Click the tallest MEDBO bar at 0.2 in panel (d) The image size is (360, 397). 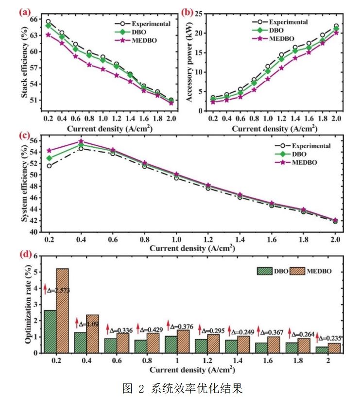[x=62, y=311]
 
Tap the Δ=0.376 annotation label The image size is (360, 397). [x=182, y=327]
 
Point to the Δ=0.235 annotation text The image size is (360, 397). [x=330, y=338]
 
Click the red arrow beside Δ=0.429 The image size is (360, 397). [x=138, y=328]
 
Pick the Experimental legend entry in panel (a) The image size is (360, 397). [x=142, y=24]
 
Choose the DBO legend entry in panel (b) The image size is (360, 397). [x=268, y=31]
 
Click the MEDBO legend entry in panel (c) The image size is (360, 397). [x=296, y=162]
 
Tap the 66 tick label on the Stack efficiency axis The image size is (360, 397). [x=34, y=19]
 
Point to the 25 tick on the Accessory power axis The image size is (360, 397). [x=199, y=14]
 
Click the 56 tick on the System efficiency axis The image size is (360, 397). [x=34, y=140]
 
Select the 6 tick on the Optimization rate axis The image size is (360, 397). [x=35, y=256]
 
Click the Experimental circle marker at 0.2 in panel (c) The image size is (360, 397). [x=49, y=166]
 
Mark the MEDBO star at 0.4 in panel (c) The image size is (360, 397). [x=81, y=141]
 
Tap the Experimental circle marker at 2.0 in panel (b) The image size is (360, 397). [x=336, y=26]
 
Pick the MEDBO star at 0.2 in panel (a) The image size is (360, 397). [x=48, y=35]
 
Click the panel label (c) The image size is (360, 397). [x=25, y=136]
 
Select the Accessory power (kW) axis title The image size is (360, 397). [x=189, y=62]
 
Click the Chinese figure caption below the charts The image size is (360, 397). [x=182, y=388]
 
